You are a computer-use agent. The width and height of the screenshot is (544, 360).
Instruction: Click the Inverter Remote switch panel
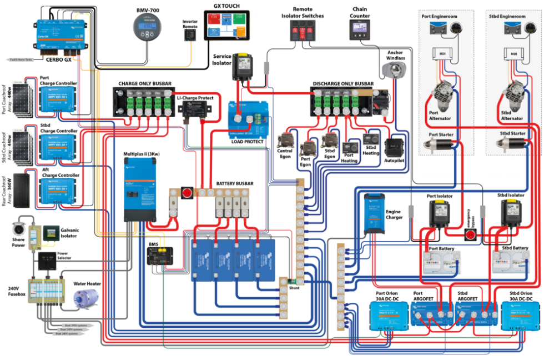[190, 34]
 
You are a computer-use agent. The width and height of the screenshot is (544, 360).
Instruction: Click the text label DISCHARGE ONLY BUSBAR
[342, 84]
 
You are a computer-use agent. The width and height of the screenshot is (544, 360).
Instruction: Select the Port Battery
[442, 261]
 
